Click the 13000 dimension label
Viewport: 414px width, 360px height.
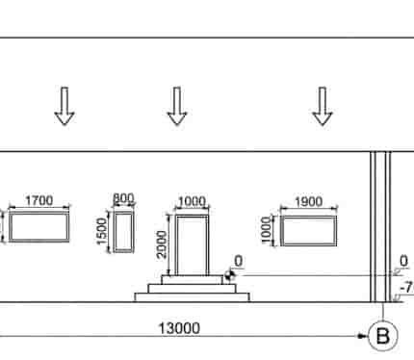point(179,328)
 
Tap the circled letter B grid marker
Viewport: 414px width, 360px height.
point(382,336)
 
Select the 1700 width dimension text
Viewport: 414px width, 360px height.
point(39,201)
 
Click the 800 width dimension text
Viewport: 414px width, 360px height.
point(123,198)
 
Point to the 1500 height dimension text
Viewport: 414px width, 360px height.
point(101,231)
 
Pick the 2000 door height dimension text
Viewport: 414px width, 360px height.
point(162,244)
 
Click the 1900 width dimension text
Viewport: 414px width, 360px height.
point(308,202)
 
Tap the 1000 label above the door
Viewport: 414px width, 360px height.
point(192,201)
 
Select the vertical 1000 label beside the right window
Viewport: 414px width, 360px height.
point(267,230)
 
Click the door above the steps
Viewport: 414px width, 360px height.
point(193,245)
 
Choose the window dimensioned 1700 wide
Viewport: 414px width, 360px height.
point(39,226)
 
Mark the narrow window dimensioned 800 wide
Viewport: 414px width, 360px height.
point(123,232)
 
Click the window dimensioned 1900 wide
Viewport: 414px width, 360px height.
point(308,231)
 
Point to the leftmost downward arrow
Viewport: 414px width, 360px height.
point(65,106)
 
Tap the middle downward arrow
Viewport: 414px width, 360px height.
point(177,106)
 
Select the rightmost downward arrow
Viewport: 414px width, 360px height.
point(323,106)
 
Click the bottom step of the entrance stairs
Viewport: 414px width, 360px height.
point(193,297)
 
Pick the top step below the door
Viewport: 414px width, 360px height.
point(193,279)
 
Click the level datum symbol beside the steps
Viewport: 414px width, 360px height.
point(229,275)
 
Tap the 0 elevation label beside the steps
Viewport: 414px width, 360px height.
point(239,261)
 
